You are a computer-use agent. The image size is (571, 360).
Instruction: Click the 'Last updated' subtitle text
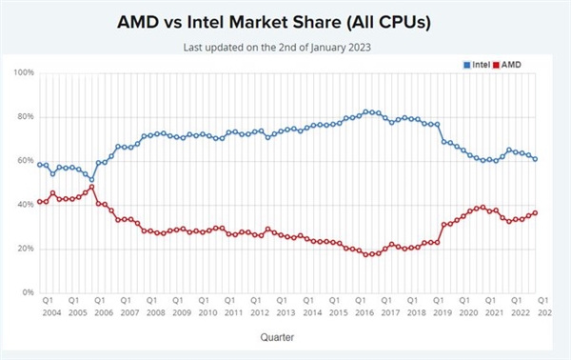coord(285,45)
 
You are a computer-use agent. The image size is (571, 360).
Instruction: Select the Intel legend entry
coord(476,64)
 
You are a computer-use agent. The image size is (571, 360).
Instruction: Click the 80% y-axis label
coord(25,116)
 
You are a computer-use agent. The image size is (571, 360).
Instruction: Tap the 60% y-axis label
coord(25,161)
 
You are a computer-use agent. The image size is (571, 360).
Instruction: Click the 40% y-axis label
coord(25,205)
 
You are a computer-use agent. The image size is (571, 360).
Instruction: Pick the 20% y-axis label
coord(25,249)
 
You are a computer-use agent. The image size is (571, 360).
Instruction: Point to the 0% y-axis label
coord(28,292)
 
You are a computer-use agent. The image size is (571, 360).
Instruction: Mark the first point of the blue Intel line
coord(39,165)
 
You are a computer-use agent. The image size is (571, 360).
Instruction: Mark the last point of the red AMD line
coord(536,212)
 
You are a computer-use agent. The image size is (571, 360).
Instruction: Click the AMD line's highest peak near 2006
coord(91,187)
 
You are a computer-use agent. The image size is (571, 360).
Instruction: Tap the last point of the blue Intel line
coord(536,159)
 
